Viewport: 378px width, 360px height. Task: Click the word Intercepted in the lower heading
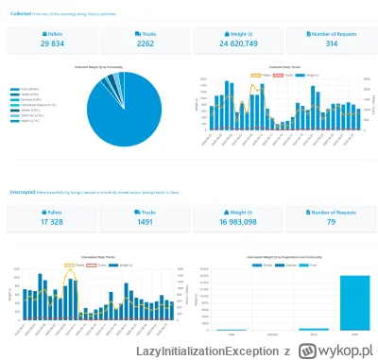click(x=22, y=192)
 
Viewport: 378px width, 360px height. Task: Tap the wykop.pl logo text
click(x=336, y=350)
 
